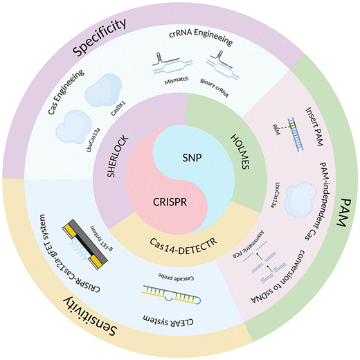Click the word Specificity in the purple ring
click(x=100, y=37)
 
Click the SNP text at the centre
click(x=192, y=158)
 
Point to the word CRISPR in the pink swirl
click(x=170, y=202)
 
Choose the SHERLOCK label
click(x=118, y=156)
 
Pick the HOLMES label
click(x=240, y=152)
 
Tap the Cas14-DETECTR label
click(x=183, y=246)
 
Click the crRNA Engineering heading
click(x=201, y=37)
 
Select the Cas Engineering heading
click(x=66, y=92)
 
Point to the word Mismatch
click(x=177, y=80)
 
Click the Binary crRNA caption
click(x=215, y=88)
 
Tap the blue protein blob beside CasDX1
click(x=103, y=90)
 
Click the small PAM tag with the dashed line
click(x=276, y=129)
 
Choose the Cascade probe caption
click(x=176, y=277)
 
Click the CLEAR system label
click(x=168, y=320)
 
